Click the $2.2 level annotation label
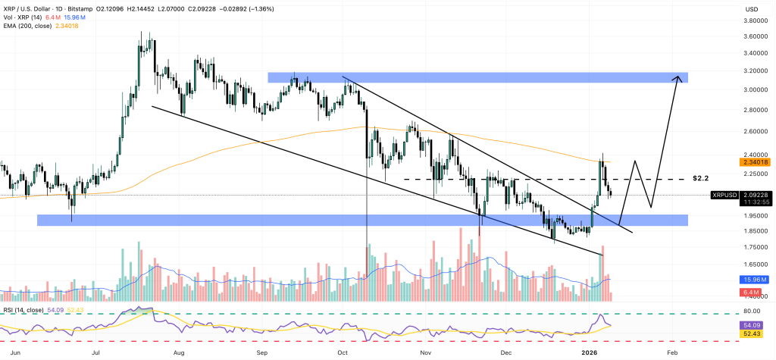tap(701, 179)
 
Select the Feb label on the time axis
tap(672, 353)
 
